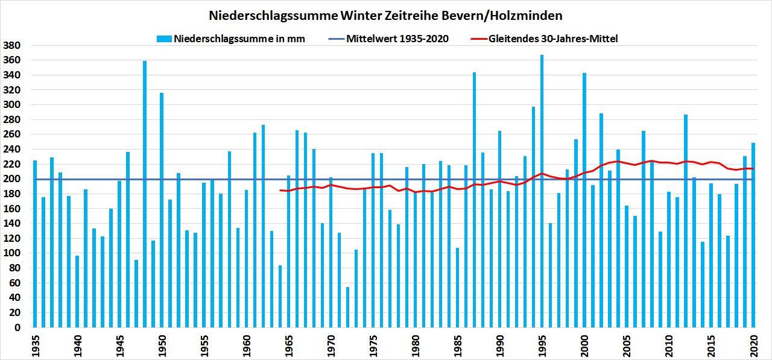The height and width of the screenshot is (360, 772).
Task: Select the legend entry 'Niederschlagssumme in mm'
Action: [239, 39]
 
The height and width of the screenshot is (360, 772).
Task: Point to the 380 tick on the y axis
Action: [13, 46]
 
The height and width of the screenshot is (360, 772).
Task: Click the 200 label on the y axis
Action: [13, 179]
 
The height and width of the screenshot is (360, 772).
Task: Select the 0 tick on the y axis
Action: [18, 328]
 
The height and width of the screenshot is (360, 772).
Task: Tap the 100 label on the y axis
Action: [13, 254]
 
